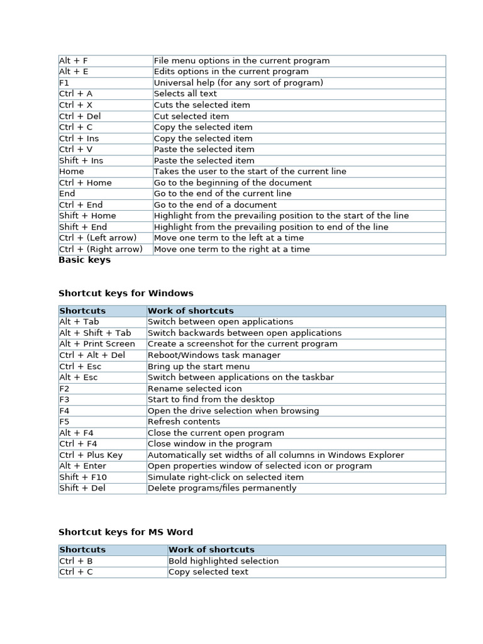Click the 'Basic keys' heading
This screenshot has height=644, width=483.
84,260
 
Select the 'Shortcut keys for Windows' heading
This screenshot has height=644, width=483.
126,293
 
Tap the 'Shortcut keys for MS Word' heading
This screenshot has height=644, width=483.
126,532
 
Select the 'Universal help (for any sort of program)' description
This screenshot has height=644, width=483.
238,83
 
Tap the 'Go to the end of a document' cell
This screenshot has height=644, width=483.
215,205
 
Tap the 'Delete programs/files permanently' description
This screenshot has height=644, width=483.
222,489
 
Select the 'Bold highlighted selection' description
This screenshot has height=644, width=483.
223,561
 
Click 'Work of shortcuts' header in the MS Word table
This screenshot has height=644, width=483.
211,550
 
